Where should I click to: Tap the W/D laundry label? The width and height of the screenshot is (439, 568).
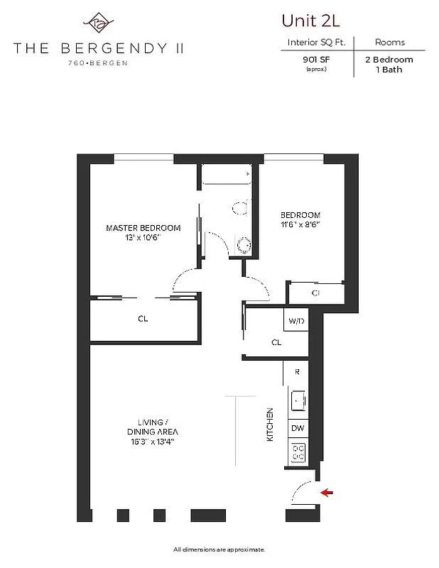pyautogui.click(x=296, y=322)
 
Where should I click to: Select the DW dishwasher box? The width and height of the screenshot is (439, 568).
pyautogui.click(x=298, y=428)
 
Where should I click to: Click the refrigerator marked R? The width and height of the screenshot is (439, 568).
pyautogui.click(x=296, y=371)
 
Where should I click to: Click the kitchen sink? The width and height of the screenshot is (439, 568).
pyautogui.click(x=298, y=402)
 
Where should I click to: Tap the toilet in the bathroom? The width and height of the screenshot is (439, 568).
pyautogui.click(x=239, y=208)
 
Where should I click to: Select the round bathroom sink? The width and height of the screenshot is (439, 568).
pyautogui.click(x=244, y=245)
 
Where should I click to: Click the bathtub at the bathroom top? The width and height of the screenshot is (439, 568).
pyautogui.click(x=227, y=175)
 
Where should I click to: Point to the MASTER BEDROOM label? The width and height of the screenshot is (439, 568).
pyautogui.click(x=143, y=228)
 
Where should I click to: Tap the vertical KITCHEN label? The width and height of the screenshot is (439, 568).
pyautogui.click(x=270, y=425)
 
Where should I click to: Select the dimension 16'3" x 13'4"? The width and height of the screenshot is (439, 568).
pyautogui.click(x=151, y=442)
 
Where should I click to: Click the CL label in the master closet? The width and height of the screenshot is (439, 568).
pyautogui.click(x=143, y=319)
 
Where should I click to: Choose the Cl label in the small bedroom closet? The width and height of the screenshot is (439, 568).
pyautogui.click(x=315, y=293)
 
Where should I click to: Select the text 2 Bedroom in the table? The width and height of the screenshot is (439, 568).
pyautogui.click(x=389, y=60)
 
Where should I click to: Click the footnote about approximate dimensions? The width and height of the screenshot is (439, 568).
pyautogui.click(x=219, y=549)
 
